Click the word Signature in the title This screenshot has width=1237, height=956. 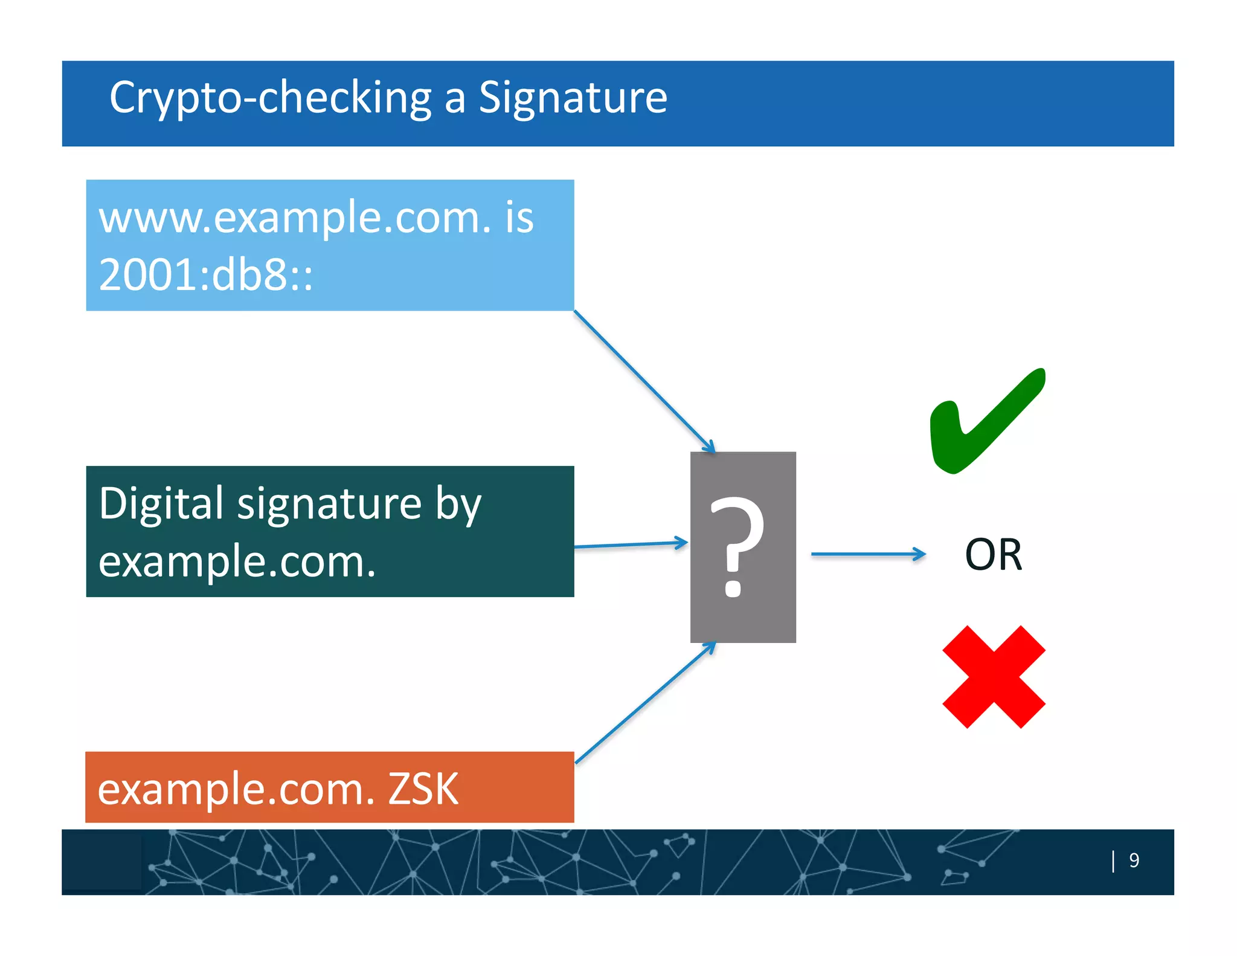[573, 98]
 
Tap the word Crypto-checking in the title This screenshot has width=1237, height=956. [270, 98]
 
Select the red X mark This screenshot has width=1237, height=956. [994, 676]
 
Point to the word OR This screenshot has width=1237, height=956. [994, 554]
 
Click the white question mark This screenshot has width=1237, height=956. [736, 547]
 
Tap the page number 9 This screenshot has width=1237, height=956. [1134, 860]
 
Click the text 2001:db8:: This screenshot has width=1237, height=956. [206, 275]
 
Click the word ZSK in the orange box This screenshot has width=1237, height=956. [423, 789]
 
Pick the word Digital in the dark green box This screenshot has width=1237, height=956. [161, 503]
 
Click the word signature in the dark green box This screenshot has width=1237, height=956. [329, 505]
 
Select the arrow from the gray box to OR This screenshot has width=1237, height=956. [868, 554]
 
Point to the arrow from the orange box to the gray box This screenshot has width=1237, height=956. [645, 703]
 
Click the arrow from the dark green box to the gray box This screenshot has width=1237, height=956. [631, 544]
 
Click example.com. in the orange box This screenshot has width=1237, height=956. [236, 789]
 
